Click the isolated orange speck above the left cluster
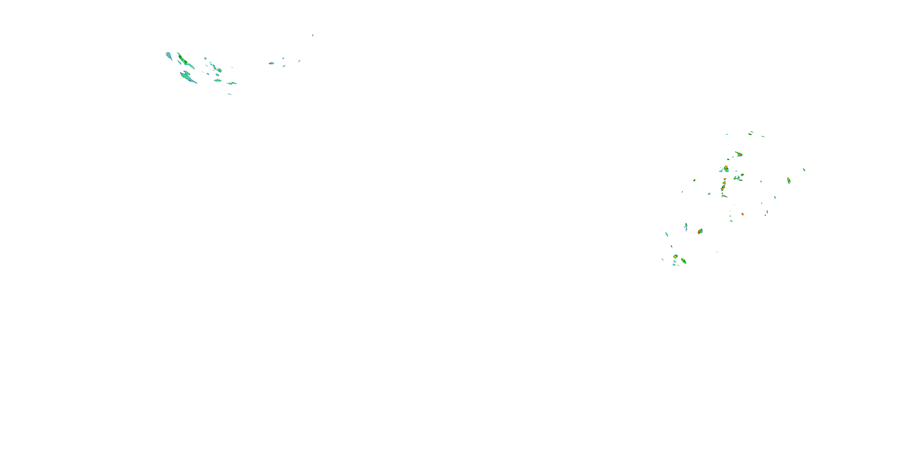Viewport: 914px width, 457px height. tap(313, 35)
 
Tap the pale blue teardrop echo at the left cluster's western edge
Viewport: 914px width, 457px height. tap(169, 55)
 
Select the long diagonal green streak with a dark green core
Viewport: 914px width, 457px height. tap(184, 60)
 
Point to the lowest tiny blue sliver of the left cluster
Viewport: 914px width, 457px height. tap(229, 94)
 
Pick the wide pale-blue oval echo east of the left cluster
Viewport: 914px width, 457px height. tap(271, 63)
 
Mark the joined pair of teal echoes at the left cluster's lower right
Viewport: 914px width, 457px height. tap(232, 83)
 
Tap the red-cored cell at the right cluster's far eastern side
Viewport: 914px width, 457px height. tap(789, 181)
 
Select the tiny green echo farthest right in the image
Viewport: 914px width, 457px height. tap(804, 170)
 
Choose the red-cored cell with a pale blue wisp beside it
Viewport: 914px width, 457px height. tap(726, 168)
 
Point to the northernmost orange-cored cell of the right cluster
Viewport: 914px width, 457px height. tap(739, 154)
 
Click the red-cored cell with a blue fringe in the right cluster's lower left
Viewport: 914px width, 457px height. tap(700, 231)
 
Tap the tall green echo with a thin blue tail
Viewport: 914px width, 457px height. tap(686, 226)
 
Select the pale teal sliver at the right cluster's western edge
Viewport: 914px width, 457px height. tap(667, 234)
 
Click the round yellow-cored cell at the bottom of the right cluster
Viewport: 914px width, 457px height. tap(675, 256)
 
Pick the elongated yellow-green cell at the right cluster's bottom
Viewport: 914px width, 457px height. tap(684, 261)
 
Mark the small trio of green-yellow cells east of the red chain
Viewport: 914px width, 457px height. tap(739, 177)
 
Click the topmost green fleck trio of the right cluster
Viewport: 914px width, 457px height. tap(751, 133)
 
